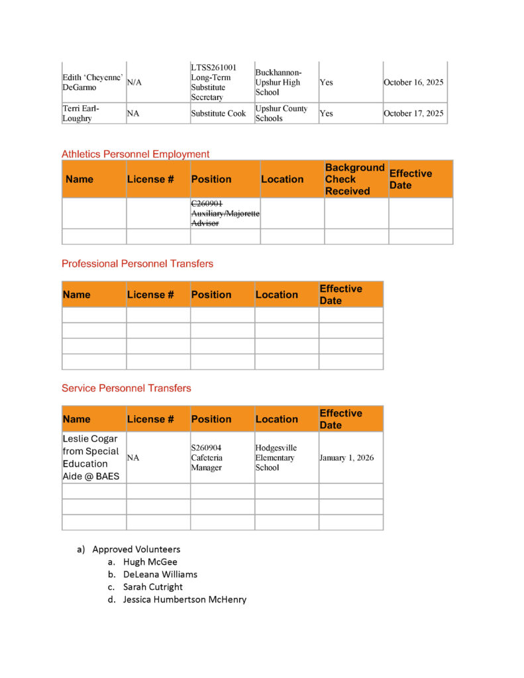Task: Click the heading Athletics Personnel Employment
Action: pyautogui.click(x=135, y=154)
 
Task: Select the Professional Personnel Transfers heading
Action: pyautogui.click(x=137, y=264)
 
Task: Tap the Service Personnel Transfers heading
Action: pyautogui.click(x=126, y=388)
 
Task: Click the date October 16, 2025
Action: pyautogui.click(x=413, y=83)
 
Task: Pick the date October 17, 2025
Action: pyautogui.click(x=413, y=113)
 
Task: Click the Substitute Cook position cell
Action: pyautogui.click(x=219, y=113)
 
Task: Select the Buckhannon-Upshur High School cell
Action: pyautogui.click(x=278, y=83)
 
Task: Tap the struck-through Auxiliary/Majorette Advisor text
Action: pyautogui.click(x=225, y=213)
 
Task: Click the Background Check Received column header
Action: pyautogui.click(x=354, y=179)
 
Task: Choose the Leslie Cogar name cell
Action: pyautogui.click(x=91, y=458)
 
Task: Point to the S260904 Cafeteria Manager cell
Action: pyautogui.click(x=207, y=458)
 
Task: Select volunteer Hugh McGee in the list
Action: pyautogui.click(x=150, y=562)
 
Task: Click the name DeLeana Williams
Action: pyautogui.click(x=160, y=575)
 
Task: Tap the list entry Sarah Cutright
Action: pyautogui.click(x=152, y=587)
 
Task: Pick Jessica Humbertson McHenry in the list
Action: pyautogui.click(x=184, y=600)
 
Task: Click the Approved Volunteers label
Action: pyautogui.click(x=136, y=550)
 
